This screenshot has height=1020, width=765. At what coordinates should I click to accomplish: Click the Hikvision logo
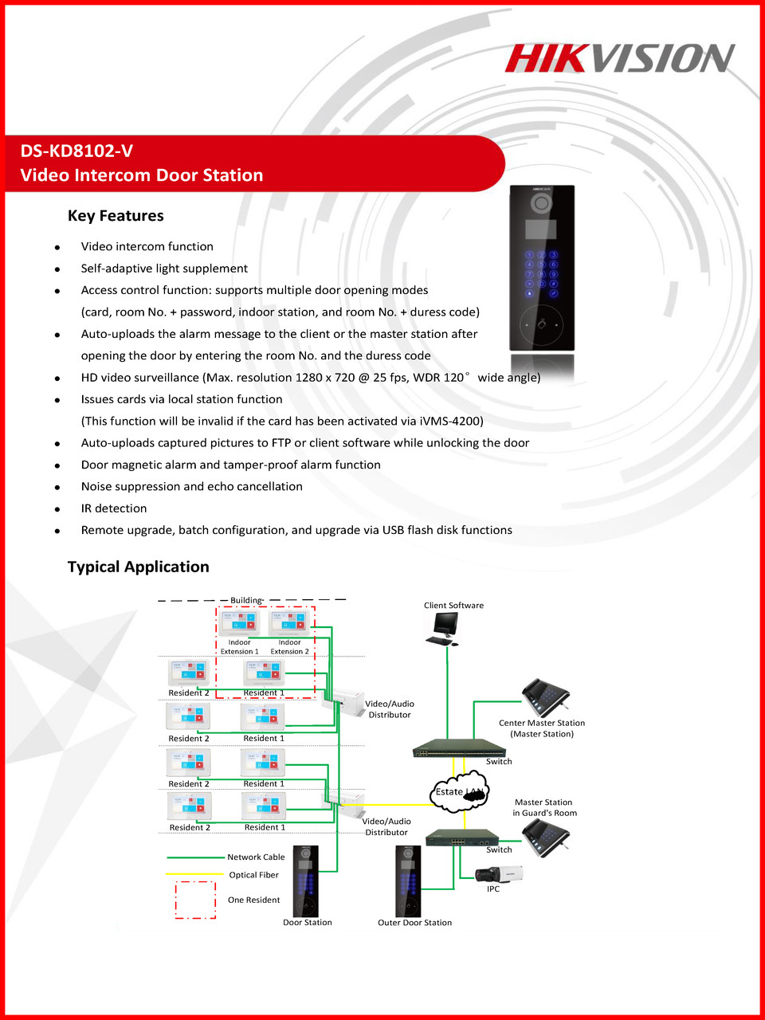pyautogui.click(x=619, y=58)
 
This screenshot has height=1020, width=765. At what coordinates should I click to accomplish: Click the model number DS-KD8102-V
pyautogui.click(x=76, y=151)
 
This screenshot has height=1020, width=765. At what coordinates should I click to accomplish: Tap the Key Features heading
pyautogui.click(x=116, y=216)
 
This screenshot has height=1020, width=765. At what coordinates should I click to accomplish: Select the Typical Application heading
pyautogui.click(x=138, y=567)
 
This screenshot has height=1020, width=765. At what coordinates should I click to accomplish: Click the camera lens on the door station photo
pyautogui.click(x=542, y=203)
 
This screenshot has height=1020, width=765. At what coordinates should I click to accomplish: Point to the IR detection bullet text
pyautogui.click(x=114, y=508)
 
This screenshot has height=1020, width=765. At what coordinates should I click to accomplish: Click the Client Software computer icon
pyautogui.click(x=442, y=628)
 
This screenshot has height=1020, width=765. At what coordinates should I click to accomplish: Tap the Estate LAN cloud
pyautogui.click(x=460, y=791)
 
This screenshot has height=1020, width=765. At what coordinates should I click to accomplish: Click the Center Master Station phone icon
pyautogui.click(x=546, y=698)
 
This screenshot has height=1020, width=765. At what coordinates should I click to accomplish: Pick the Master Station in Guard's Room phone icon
pyautogui.click(x=547, y=837)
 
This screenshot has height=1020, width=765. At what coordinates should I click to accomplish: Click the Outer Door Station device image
pyautogui.click(x=408, y=881)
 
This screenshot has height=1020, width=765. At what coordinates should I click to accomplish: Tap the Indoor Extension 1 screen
pyautogui.click(x=239, y=622)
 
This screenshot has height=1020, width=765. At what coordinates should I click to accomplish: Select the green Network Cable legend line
pyautogui.click(x=195, y=857)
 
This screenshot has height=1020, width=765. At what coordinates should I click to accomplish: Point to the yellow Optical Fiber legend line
pyautogui.click(x=195, y=875)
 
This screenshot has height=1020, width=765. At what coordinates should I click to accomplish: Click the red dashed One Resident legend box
pyautogui.click(x=195, y=900)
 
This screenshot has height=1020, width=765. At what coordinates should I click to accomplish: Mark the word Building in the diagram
pyautogui.click(x=245, y=600)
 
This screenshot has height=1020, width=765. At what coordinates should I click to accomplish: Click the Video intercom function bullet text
pyautogui.click(x=147, y=247)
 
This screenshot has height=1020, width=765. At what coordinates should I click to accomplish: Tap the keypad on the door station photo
pyautogui.click(x=541, y=273)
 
